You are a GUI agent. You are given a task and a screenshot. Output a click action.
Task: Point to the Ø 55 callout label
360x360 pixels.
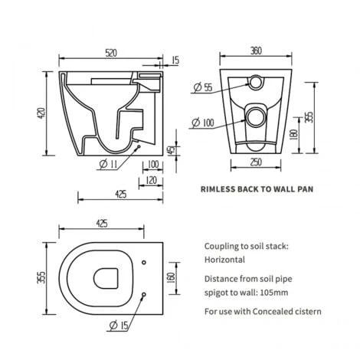pos(201,88)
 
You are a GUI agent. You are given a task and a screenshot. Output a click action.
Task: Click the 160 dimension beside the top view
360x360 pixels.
pos(170,277)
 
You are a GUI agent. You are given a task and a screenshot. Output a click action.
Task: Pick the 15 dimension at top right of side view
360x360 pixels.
pos(175,60)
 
